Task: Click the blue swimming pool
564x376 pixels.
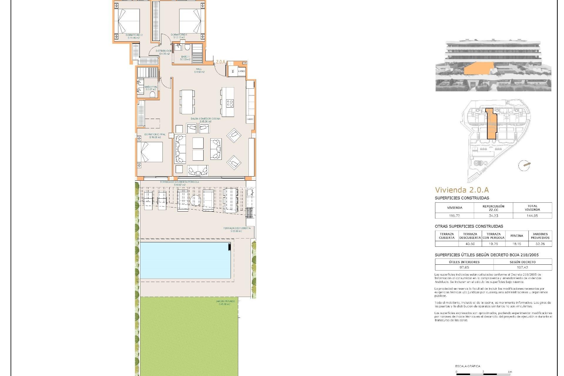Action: pos(185,260)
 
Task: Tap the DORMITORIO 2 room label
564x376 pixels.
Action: pos(134,36)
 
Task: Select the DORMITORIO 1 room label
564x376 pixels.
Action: pos(179,36)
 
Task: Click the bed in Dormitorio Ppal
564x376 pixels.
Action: pos(150,152)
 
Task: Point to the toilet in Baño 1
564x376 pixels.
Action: pos(187,48)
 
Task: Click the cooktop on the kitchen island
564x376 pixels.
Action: pos(229,103)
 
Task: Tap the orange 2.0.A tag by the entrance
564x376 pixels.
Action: pos(220,62)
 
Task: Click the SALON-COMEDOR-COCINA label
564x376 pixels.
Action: pos(205,120)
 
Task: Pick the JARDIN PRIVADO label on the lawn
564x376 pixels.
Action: pos(225,303)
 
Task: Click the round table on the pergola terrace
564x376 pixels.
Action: pos(195,201)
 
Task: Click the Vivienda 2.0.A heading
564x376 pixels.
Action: pos(462,190)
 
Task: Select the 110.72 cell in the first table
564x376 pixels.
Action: pos(454,216)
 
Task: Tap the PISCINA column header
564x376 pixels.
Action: pos(516,236)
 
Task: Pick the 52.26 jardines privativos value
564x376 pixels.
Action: pos(540,244)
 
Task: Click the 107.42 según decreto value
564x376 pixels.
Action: pos(522,267)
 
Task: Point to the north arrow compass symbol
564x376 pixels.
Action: pos(524,165)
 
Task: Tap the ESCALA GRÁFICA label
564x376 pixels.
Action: pos(468,366)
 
